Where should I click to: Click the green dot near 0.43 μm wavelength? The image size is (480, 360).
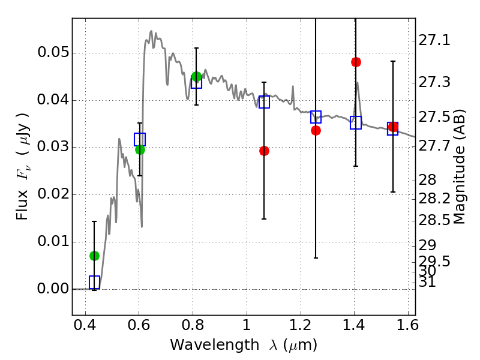[x=94, y=256]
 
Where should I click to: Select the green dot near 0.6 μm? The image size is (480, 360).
[x=140, y=149]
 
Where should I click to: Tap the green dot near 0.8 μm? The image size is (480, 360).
[x=197, y=77]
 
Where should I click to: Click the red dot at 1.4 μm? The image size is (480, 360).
[x=356, y=62]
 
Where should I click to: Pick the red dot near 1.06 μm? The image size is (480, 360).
[x=264, y=151]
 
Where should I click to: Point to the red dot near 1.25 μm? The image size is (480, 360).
[x=316, y=131]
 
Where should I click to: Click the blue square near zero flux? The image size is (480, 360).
[x=94, y=282]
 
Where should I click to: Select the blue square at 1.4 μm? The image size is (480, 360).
[x=356, y=122]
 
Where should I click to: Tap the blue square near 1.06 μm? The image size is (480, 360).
[x=264, y=102]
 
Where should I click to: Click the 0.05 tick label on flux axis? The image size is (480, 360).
[x=53, y=52]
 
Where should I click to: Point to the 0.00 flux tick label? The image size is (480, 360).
[x=53, y=289]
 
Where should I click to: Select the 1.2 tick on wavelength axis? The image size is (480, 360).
[x=301, y=325]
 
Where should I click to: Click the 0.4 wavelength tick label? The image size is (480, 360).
[x=85, y=325]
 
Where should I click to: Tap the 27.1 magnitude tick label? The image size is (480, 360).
[x=434, y=40]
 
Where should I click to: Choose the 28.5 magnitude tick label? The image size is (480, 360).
[x=434, y=220]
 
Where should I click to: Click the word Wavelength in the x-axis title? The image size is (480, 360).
[x=215, y=346]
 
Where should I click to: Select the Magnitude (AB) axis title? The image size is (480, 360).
[x=458, y=167]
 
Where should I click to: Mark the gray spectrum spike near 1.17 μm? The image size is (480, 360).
[x=293, y=97]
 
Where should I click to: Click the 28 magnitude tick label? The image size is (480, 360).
[x=427, y=180]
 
